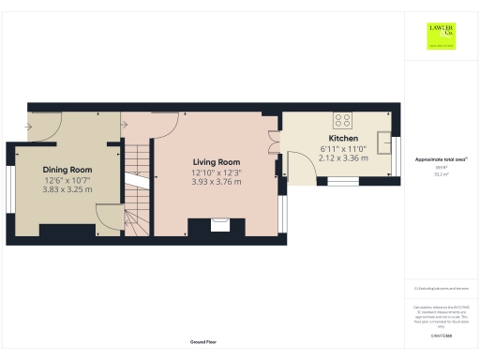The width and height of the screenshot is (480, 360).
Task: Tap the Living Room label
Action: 217,161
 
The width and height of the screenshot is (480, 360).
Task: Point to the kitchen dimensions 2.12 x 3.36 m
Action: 344,158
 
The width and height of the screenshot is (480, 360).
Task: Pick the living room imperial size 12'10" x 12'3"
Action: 217,172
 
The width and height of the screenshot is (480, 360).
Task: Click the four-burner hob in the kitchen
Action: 343,120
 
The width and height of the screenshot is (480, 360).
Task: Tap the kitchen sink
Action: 385,142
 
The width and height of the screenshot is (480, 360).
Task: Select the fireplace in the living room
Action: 219,225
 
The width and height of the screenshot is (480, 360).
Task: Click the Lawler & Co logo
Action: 441,36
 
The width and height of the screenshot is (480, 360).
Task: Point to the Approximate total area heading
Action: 441,160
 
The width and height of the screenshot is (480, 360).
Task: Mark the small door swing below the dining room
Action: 110,218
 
